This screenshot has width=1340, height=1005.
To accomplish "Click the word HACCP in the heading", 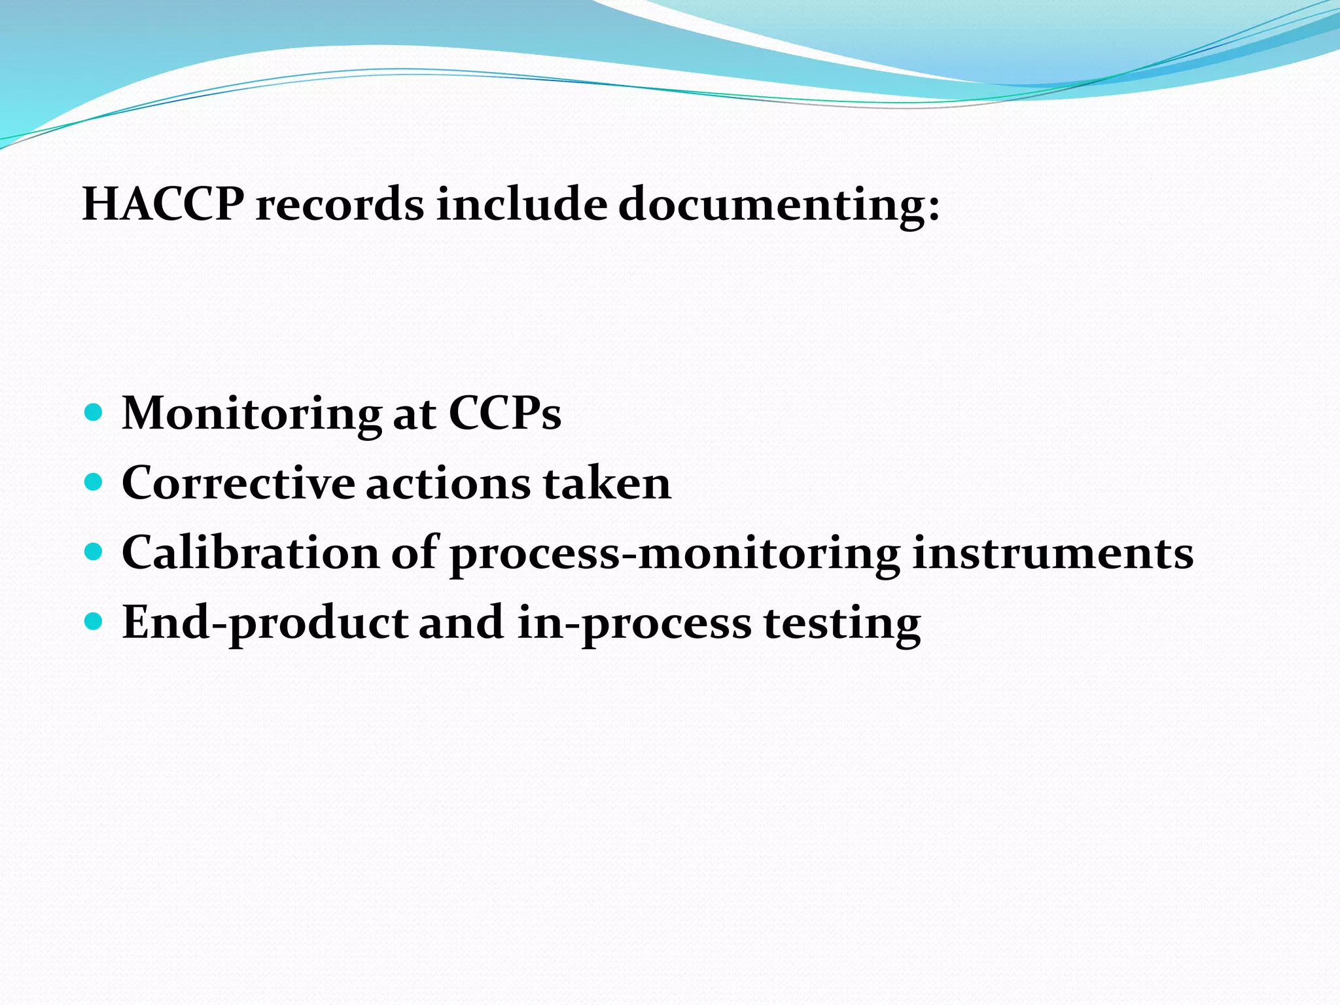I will [164, 204].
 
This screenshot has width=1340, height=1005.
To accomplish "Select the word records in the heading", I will [340, 204].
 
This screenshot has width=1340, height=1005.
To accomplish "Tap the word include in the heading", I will [521, 204].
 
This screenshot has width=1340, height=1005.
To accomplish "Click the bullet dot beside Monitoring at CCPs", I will [94, 413].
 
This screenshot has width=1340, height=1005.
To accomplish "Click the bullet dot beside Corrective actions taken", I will [94, 483].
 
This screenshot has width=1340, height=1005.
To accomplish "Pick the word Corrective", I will [238, 483].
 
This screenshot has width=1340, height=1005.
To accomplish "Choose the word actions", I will [448, 483].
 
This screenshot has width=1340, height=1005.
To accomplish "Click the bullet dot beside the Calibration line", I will [94, 553].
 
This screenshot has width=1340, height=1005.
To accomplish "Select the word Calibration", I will [251, 553].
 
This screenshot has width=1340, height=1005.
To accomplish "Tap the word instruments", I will [1053, 553].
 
